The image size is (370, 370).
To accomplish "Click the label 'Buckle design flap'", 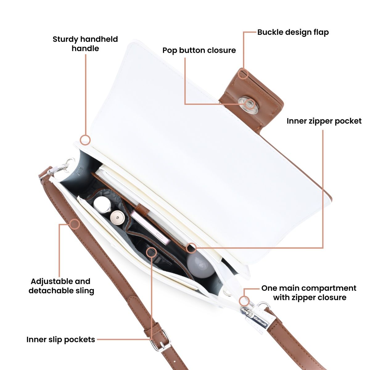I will tap(293, 32).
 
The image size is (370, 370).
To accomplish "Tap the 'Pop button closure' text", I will tap(199, 50).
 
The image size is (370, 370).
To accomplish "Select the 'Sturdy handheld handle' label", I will tap(85, 44).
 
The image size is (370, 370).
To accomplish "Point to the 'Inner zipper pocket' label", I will tap(324, 121).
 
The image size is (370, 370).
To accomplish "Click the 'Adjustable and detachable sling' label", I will tap(61, 286).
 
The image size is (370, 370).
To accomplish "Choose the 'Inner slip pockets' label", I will tap(61, 339).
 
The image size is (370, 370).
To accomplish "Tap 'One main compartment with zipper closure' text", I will tap(309, 293).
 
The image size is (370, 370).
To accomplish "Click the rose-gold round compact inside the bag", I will tap(117, 217).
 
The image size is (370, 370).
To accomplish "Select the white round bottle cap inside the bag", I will tap(101, 203).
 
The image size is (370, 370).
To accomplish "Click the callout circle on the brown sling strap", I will tap(75, 224).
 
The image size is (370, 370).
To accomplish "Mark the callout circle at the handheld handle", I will tap(85, 140).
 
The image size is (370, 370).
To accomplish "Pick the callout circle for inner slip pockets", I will tap(151, 252).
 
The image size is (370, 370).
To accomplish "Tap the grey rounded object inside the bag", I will tap(200, 265).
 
